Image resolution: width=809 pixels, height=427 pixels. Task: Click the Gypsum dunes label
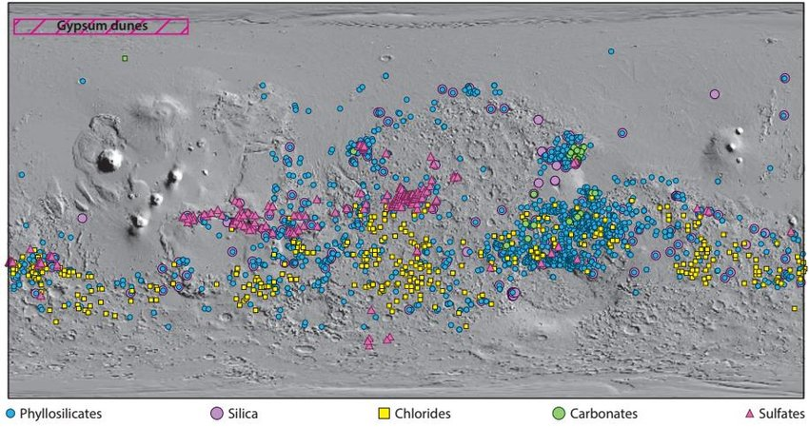coord(100,27)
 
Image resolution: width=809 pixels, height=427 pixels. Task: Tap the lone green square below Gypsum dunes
coord(125,59)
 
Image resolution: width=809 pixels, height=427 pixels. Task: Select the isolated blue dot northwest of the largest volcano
coord(83,82)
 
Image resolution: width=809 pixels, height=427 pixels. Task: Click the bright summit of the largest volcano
coord(108,162)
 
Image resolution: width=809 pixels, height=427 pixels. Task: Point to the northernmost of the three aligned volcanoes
coord(175,177)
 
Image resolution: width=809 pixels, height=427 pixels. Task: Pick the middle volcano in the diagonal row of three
coord(155,200)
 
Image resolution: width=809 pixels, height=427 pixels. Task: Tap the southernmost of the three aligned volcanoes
coord(138,221)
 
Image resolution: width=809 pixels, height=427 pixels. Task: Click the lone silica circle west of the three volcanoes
coord(82,218)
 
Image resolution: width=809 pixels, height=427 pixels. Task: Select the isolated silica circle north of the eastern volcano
coord(714,93)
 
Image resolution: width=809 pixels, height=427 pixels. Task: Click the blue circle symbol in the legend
coord(10,415)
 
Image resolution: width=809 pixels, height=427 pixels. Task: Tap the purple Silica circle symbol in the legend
coord(216,415)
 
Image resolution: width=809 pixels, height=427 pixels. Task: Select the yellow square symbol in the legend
coord(384,415)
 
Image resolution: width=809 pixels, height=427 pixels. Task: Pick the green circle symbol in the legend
coord(559,415)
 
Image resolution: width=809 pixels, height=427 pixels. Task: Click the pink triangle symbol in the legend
coord(749,415)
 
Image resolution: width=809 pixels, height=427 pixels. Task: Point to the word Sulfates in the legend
coord(782,415)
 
